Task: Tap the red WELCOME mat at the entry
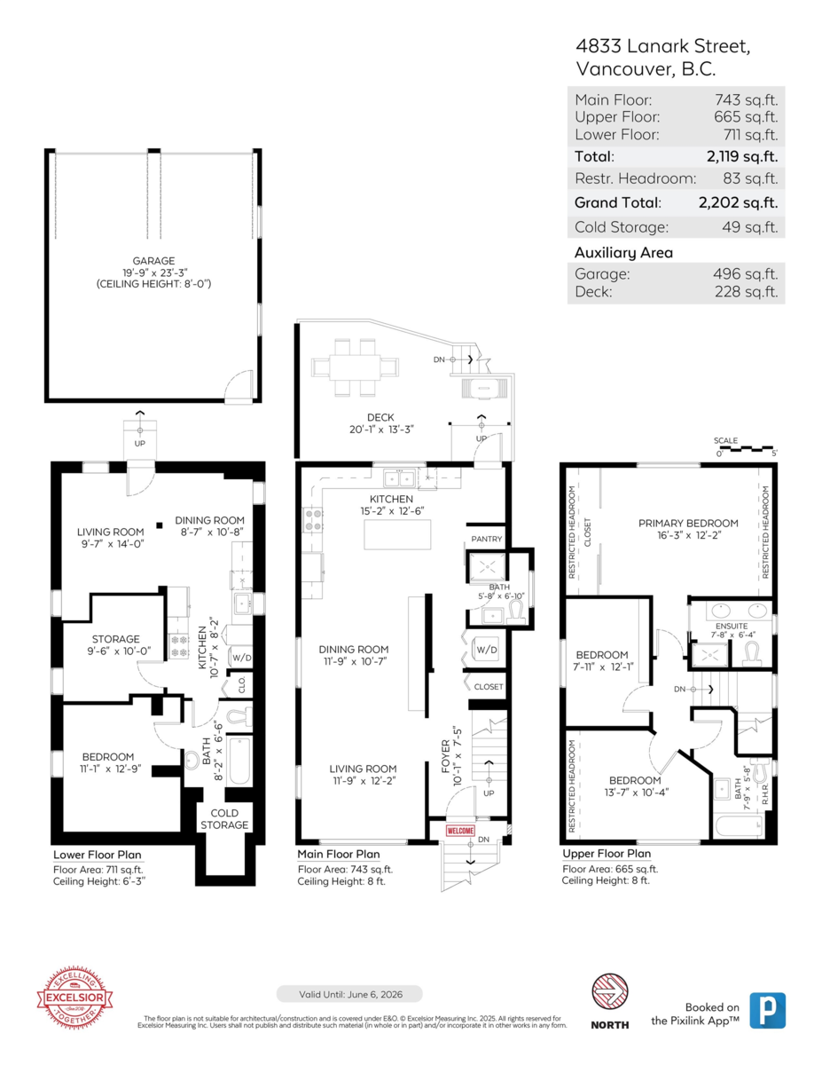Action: point(460,831)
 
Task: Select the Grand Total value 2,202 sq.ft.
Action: point(738,202)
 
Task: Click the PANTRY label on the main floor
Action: point(487,539)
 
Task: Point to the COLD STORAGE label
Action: point(223,819)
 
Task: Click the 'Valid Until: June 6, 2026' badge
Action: point(349,994)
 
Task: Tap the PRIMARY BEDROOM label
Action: point(688,523)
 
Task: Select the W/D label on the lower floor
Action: point(240,658)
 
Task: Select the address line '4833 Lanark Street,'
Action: point(662,47)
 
